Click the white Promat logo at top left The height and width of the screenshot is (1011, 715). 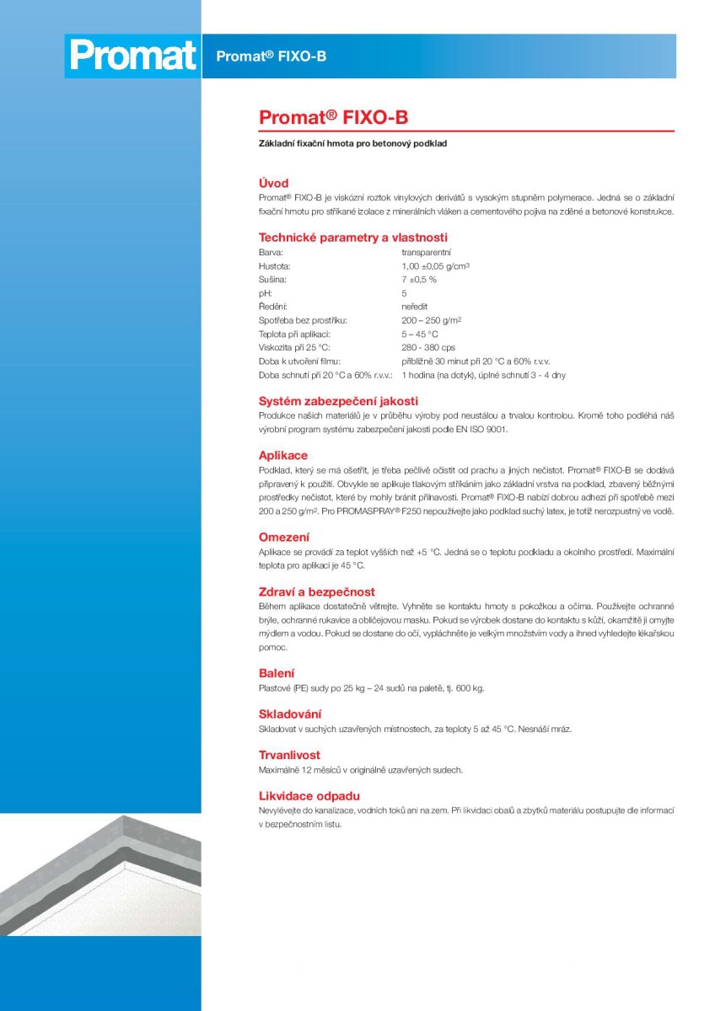[x=132, y=56]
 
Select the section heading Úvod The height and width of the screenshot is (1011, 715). [x=273, y=183]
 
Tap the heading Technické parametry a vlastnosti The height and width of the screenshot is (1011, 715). [x=352, y=238]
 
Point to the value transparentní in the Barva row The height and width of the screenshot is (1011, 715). [x=426, y=252]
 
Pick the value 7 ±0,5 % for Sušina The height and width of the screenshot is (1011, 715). [x=419, y=279]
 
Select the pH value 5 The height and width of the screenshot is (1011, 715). [x=405, y=293]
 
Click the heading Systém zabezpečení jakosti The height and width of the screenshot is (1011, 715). [x=338, y=401]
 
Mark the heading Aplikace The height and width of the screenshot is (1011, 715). [x=282, y=456]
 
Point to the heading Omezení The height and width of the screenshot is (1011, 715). [x=283, y=537]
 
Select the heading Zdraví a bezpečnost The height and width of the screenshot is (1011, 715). [x=316, y=592]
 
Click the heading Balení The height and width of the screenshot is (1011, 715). [x=277, y=673]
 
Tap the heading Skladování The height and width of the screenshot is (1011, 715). [x=289, y=714]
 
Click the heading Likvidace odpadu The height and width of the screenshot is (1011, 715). [x=309, y=795]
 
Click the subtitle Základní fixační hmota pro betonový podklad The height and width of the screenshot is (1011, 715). [x=352, y=144]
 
